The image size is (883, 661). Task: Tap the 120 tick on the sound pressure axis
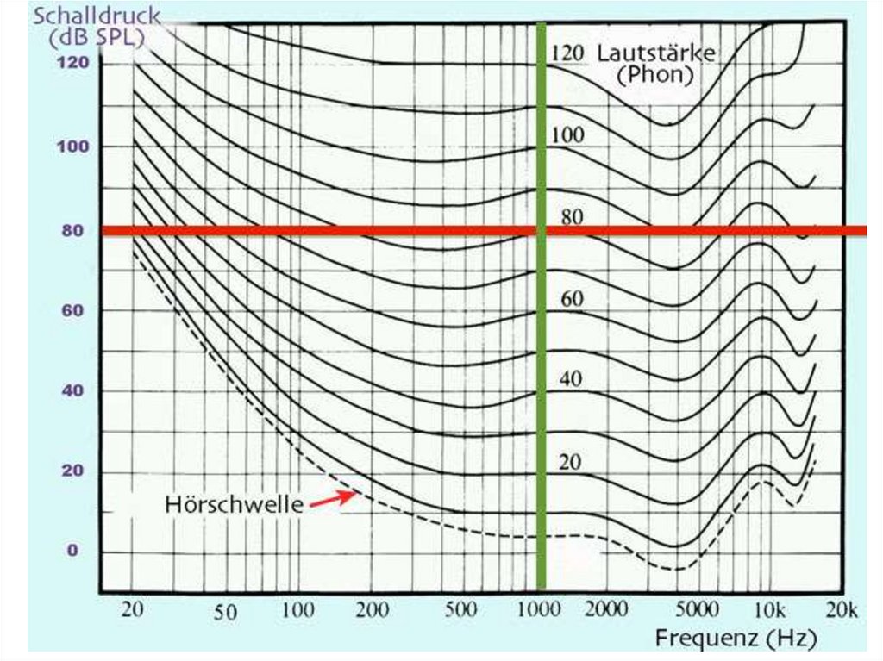click(x=73, y=63)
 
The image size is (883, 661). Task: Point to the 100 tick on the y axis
click(x=73, y=147)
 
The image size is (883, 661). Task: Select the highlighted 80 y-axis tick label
click(x=70, y=230)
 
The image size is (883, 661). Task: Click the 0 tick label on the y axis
click(x=73, y=552)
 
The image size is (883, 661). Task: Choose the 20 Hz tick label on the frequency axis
click(x=132, y=609)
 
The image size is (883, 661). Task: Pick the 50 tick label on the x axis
click(x=225, y=613)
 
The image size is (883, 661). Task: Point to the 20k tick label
click(x=840, y=609)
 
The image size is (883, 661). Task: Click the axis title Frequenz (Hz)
click(x=736, y=639)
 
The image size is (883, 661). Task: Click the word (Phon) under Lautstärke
click(x=655, y=75)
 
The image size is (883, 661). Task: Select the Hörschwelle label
click(x=234, y=505)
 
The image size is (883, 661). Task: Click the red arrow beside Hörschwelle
click(x=334, y=497)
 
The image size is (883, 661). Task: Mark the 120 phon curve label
click(x=567, y=53)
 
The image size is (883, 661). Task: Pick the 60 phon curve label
click(x=573, y=299)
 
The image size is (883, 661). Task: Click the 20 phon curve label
click(x=570, y=463)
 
